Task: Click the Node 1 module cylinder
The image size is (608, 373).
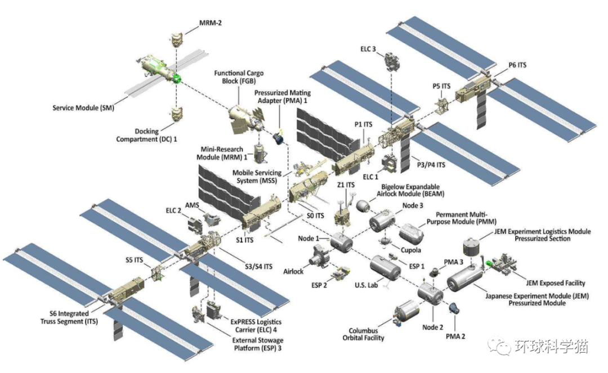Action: coord(341,242)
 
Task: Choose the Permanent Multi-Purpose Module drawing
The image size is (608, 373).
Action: coord(414,232)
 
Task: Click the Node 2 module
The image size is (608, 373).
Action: coord(431,294)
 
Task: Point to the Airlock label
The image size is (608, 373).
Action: coord(294,271)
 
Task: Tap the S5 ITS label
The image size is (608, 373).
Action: coord(136,260)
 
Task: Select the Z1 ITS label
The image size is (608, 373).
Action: coord(346,185)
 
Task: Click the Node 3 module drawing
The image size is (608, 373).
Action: coord(384,220)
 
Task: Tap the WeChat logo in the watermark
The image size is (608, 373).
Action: coord(498,345)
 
